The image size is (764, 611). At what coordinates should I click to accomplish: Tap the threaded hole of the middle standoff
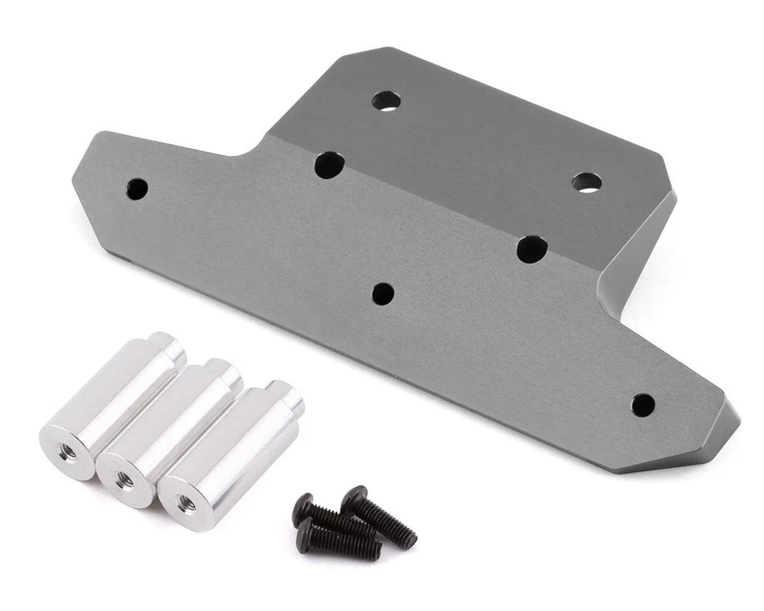point(125,480)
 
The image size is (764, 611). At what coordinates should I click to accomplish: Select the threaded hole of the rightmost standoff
point(186,502)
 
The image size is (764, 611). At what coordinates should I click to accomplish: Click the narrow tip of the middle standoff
point(224,371)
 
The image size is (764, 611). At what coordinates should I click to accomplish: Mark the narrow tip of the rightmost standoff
point(285,395)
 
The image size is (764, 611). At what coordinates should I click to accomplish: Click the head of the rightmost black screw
point(355,500)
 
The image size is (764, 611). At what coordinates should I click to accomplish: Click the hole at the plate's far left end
point(137,189)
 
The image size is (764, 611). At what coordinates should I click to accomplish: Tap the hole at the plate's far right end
point(643,405)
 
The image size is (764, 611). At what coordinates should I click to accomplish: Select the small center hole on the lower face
point(383,294)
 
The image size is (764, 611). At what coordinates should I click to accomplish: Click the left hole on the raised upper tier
point(386,101)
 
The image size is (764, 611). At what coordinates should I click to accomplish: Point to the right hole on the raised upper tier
point(587,182)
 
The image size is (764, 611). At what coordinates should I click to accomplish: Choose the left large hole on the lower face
point(329,165)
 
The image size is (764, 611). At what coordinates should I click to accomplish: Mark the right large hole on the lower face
point(532,249)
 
